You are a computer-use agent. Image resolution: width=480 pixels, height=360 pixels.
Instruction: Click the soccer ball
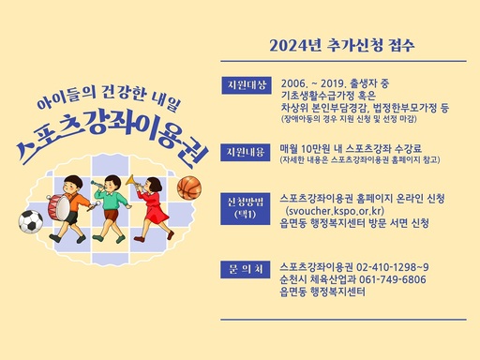30,221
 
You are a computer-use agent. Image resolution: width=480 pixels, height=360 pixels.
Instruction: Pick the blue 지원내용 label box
247,151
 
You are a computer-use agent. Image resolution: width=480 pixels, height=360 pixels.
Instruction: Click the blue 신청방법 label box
247,204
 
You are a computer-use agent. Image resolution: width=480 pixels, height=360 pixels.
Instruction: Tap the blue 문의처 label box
247,267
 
